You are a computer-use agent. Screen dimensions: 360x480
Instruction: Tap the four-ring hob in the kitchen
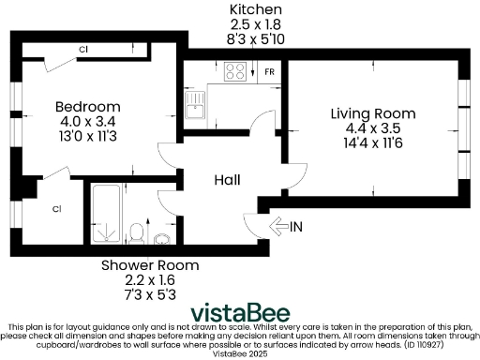click(x=235, y=70)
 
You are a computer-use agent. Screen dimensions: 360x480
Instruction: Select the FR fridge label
click(x=269, y=71)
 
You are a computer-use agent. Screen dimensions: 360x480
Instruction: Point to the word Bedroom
click(x=87, y=106)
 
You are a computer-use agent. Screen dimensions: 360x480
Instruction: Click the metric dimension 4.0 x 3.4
click(x=87, y=120)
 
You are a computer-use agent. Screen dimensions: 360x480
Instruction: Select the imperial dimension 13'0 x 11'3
click(x=87, y=135)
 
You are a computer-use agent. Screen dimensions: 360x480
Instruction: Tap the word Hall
click(x=228, y=180)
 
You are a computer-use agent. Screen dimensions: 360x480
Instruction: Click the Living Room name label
click(x=372, y=113)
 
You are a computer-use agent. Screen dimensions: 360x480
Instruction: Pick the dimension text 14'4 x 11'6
click(x=372, y=143)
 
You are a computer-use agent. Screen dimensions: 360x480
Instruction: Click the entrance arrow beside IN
click(x=278, y=226)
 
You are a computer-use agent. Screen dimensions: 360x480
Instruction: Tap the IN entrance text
click(x=296, y=226)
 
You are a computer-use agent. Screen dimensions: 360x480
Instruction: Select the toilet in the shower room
click(x=137, y=231)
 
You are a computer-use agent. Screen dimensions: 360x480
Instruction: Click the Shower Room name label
click(x=143, y=265)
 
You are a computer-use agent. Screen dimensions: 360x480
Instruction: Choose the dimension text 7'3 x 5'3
click(x=143, y=293)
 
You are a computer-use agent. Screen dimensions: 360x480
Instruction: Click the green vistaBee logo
click(x=239, y=312)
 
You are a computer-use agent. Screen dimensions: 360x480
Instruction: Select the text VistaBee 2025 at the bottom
click(x=240, y=354)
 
